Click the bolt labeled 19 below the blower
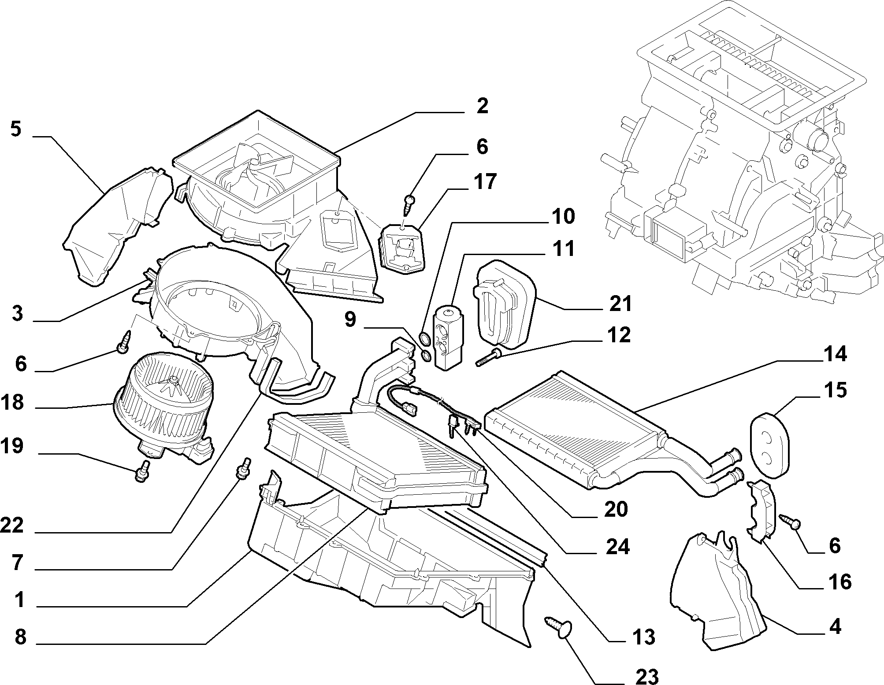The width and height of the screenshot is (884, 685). point(142,471)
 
